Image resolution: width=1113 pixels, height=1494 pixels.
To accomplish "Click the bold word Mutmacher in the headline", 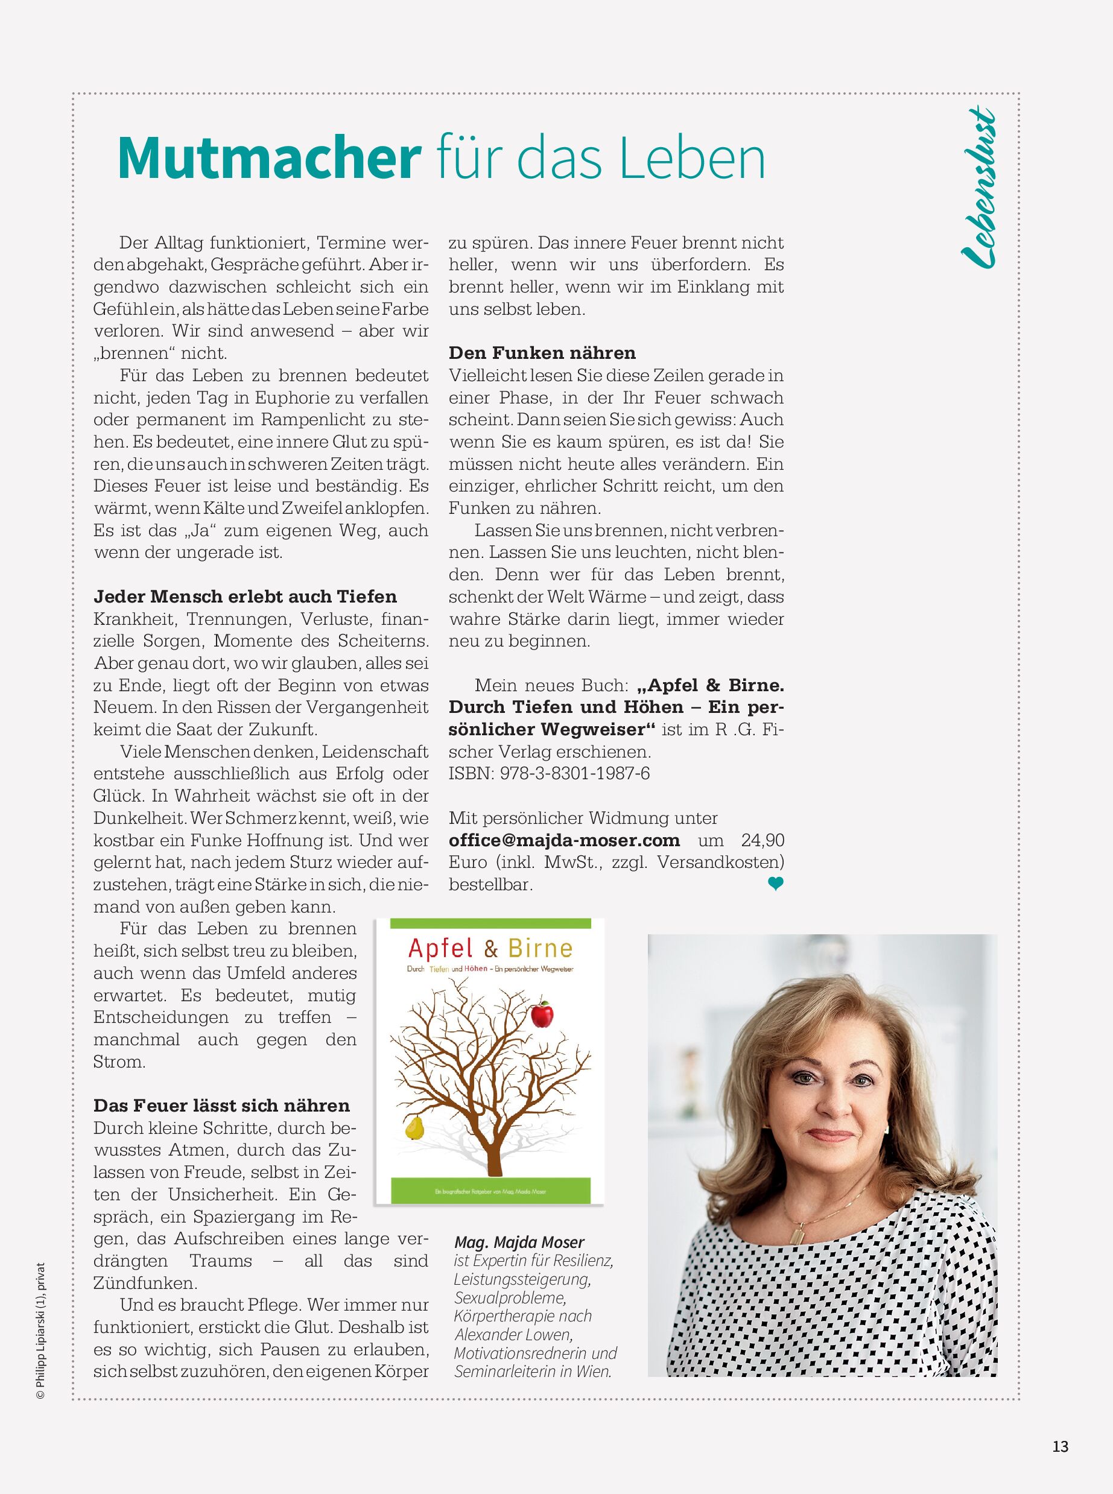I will tap(268, 158).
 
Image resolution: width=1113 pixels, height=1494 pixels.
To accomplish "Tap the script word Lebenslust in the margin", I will tap(978, 189).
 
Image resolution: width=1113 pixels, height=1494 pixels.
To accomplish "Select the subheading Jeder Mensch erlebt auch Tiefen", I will tap(246, 597).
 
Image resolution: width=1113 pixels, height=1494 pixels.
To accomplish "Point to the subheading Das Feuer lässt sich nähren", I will tap(221, 1106).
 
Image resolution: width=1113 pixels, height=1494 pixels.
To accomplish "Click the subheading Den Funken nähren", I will tap(542, 353).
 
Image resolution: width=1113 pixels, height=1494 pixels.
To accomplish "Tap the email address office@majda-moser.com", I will tap(565, 841).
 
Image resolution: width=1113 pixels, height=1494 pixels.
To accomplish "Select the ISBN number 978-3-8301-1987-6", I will tap(575, 773).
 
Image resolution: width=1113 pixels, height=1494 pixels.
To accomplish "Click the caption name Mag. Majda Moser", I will tap(519, 1242).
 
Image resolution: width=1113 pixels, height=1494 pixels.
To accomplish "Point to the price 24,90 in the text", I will tap(763, 841).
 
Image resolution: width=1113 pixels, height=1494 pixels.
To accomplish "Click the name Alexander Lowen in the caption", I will tap(513, 1334).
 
